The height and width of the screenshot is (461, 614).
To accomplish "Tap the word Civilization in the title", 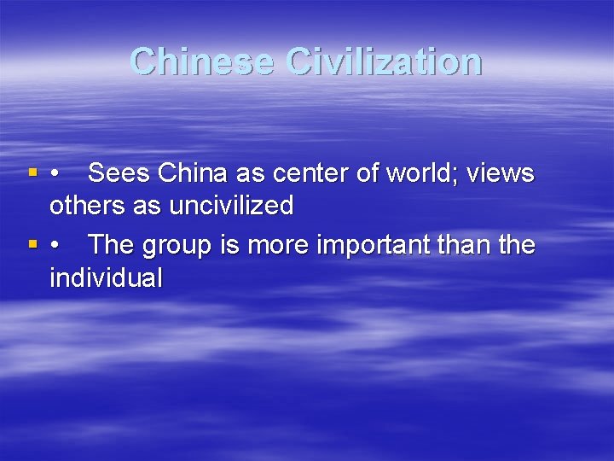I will coord(385,61).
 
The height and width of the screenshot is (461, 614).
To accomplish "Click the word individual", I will coord(106,277).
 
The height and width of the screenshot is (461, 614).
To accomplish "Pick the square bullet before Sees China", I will coord(32,174).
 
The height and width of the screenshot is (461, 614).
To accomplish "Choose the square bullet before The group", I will coord(32,246).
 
